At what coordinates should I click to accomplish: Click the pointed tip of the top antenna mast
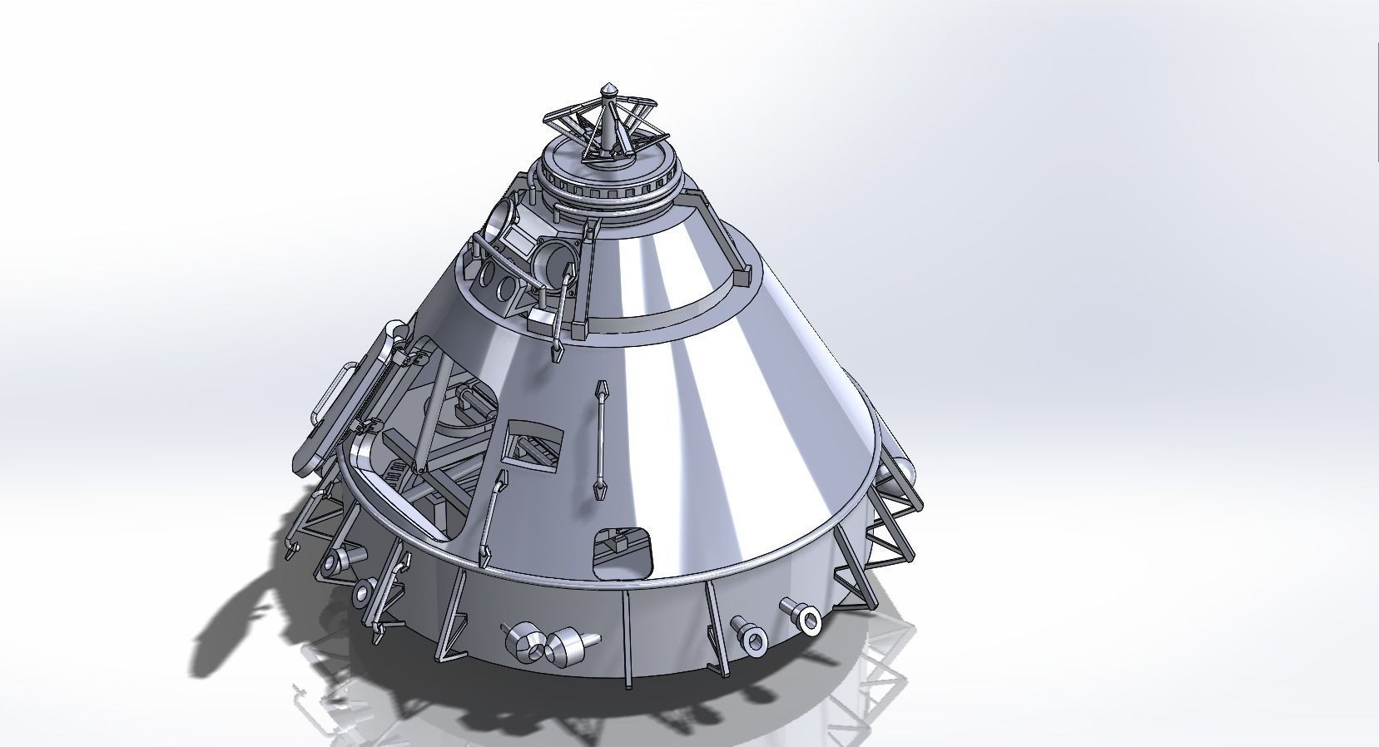[608, 87]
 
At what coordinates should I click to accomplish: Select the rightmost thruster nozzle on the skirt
[803, 616]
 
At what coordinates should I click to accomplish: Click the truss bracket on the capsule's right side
[890, 524]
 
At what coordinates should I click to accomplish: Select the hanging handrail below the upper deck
[562, 308]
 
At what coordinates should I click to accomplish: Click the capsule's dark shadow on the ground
[250, 616]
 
